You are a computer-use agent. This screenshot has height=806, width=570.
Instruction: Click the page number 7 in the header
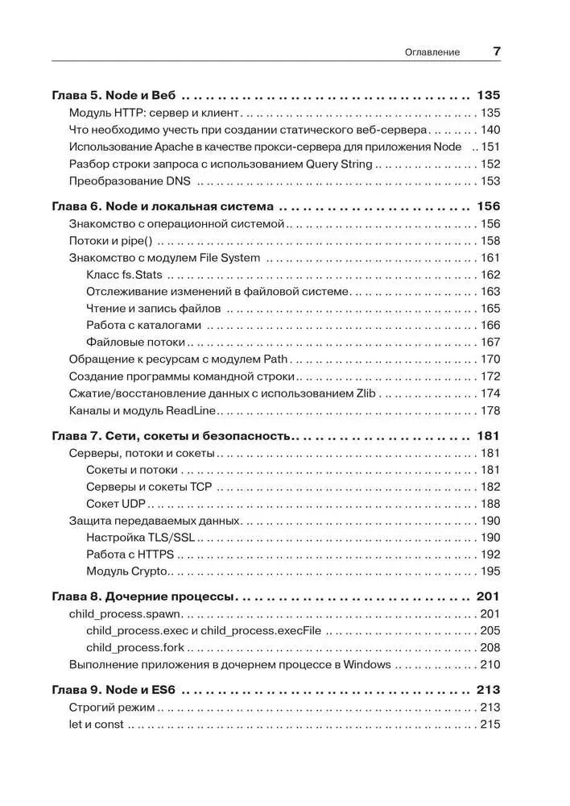pyautogui.click(x=497, y=51)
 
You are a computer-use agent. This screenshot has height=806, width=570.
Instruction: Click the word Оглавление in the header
pyautogui.click(x=433, y=52)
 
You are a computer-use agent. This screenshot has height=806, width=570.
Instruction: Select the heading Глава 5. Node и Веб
pyautogui.click(x=114, y=94)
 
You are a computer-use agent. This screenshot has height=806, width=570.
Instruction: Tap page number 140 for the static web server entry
pyautogui.click(x=490, y=130)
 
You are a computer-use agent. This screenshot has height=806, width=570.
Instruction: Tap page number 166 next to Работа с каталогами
pyautogui.click(x=490, y=326)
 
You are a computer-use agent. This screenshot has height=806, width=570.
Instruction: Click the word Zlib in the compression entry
pyautogui.click(x=366, y=393)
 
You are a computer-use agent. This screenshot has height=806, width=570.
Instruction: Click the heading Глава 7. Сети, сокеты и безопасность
pyautogui.click(x=170, y=436)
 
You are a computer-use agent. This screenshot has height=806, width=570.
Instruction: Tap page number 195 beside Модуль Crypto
pyautogui.click(x=490, y=571)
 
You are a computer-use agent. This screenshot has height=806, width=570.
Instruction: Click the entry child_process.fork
pyautogui.click(x=135, y=648)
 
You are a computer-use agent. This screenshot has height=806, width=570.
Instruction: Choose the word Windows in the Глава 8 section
pyautogui.click(x=367, y=665)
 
